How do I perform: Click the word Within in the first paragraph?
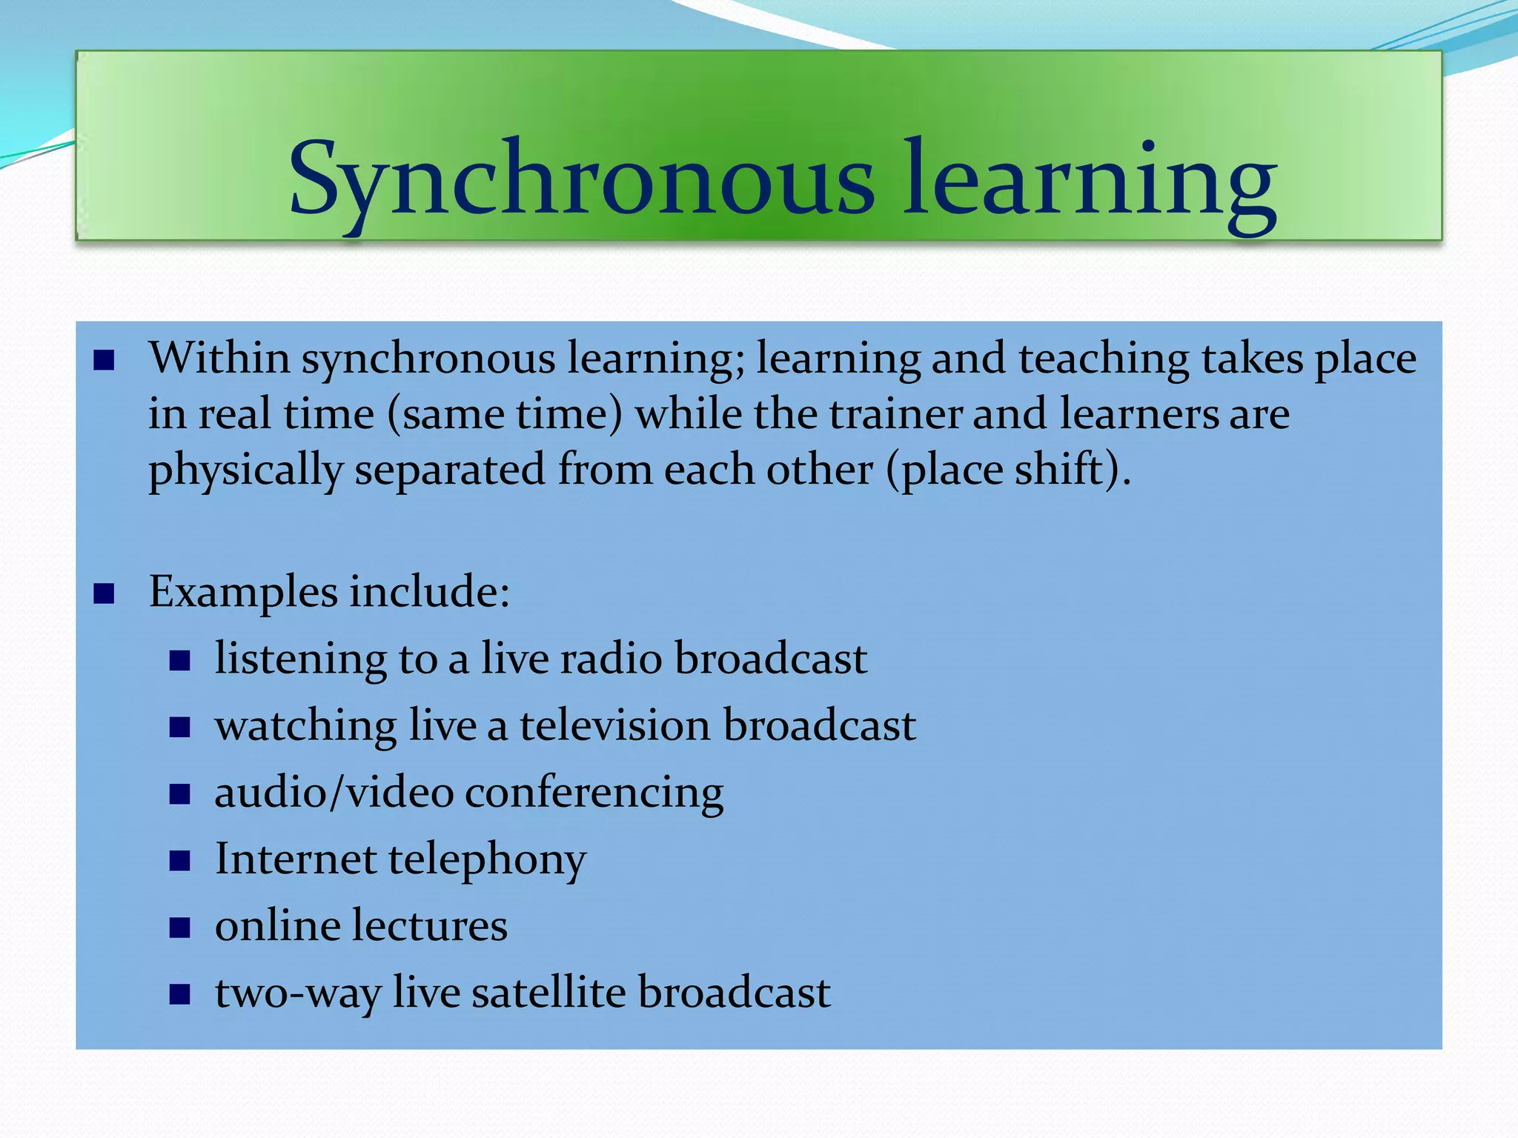click(x=220, y=359)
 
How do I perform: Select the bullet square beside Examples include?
click(x=104, y=593)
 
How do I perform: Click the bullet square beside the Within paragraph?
click(x=104, y=361)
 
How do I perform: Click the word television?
click(x=615, y=725)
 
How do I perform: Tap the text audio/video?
click(x=334, y=793)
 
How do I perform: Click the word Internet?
click(x=296, y=859)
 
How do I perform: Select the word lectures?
click(x=428, y=926)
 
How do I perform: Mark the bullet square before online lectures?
click(x=180, y=928)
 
